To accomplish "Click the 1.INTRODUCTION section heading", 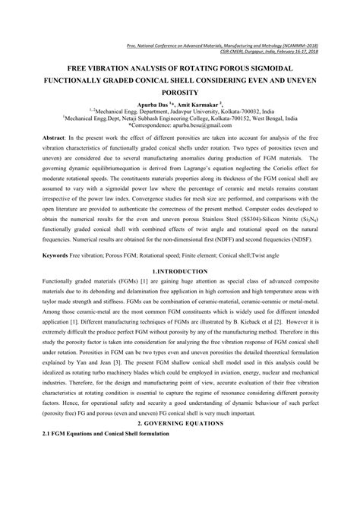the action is pos(180,270).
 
